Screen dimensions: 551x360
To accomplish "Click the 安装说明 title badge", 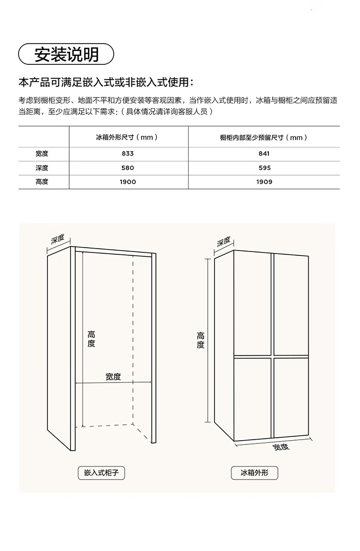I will point(66,54).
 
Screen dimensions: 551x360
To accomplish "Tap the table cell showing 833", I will point(128,154).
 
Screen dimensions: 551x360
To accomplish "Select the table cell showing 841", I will point(264,154).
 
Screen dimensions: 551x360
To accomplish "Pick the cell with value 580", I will point(128,168).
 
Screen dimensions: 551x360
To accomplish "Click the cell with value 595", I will point(264,168).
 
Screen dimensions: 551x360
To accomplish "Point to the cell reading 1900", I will point(128,182).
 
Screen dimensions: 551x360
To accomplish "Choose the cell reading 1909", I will point(264,182).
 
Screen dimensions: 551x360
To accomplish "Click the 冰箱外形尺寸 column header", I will point(127,137).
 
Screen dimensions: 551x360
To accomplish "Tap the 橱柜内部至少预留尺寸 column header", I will point(264,137).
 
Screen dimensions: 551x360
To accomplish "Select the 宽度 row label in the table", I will point(42,154).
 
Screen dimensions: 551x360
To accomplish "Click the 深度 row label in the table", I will point(42,168).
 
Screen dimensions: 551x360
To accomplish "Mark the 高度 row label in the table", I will point(42,182).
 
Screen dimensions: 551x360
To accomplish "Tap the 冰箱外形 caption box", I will point(254,473).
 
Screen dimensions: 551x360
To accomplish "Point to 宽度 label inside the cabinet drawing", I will point(113,377).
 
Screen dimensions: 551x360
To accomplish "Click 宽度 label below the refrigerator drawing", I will point(281,447).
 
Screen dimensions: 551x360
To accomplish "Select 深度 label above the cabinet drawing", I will point(60,240).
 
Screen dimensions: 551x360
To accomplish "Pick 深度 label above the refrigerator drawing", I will point(224,241).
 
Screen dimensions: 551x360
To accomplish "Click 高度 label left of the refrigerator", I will point(201,340).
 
